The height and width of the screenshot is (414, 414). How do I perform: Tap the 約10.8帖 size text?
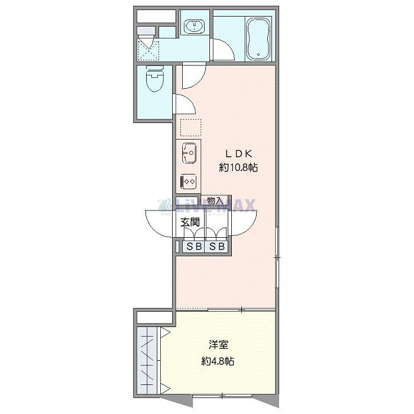click(238, 167)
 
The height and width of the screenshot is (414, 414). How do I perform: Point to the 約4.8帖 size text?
click(218, 361)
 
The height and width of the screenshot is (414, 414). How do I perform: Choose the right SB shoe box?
click(216, 247)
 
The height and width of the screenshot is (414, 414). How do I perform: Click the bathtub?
click(258, 39)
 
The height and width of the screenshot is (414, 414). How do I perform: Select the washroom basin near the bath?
click(193, 27)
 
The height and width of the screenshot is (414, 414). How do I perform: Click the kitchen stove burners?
click(189, 180)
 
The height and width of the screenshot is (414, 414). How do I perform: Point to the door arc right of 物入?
click(242, 223)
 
